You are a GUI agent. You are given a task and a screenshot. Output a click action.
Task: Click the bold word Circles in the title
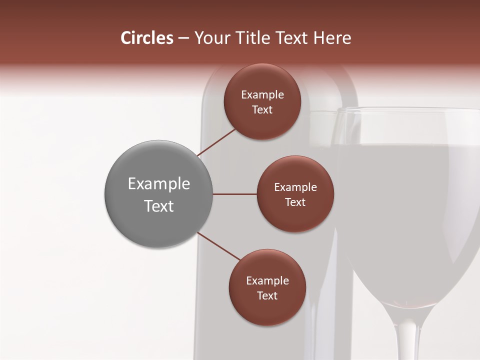[x=147, y=38]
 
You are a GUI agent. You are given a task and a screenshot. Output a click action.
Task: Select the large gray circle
[x=158, y=194]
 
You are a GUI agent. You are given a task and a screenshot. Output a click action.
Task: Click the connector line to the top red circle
[x=217, y=142]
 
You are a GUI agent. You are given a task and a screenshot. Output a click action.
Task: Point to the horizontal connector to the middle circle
[x=234, y=194]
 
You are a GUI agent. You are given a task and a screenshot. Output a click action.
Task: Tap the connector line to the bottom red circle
[x=219, y=246]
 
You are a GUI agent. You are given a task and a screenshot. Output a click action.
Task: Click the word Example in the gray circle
[x=158, y=184]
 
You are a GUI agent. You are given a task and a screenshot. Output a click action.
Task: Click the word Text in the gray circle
[x=158, y=206]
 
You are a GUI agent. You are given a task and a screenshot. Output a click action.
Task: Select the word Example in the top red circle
[x=262, y=95]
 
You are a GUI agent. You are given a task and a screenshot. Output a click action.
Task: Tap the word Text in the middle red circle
[x=295, y=202]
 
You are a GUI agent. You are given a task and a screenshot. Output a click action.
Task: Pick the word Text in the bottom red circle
[x=267, y=295]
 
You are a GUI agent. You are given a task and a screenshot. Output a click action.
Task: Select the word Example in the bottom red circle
[x=267, y=281]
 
